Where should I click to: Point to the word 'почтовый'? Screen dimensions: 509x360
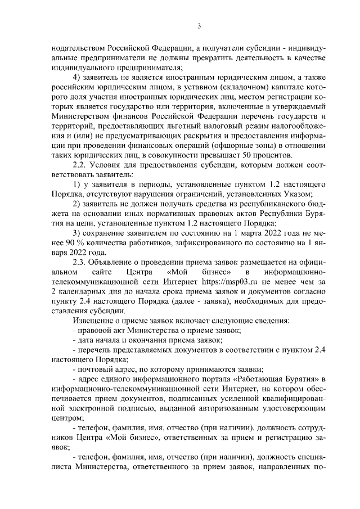(93, 370)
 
